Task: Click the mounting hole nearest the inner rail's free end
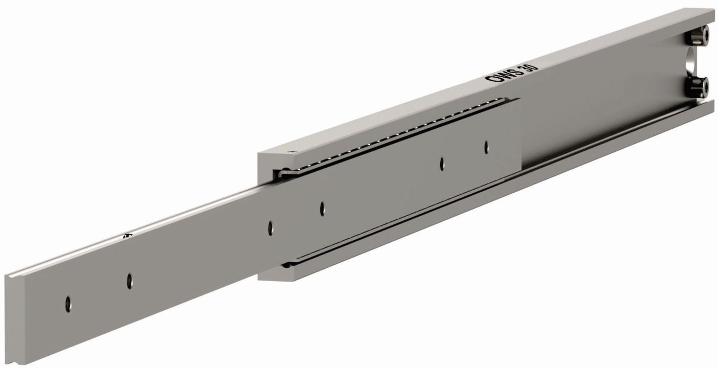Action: pos(68,304)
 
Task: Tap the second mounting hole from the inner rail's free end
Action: pos(130,281)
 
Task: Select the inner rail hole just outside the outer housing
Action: pos(271,228)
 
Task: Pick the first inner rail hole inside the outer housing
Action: pos(322,209)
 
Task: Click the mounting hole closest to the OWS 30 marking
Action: pos(486,147)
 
